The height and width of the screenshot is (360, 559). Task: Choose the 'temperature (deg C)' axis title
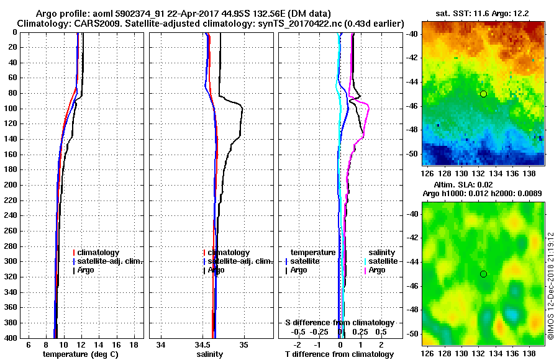(80, 354)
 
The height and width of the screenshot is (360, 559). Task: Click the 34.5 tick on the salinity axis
(202, 345)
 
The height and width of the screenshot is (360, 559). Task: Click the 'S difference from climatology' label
(339, 323)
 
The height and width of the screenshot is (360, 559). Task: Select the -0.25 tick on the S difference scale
(319, 332)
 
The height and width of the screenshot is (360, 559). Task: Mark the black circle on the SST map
(483, 94)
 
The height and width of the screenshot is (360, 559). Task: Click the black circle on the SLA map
(483, 274)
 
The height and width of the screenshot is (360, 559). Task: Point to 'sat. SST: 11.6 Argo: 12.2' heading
(483, 13)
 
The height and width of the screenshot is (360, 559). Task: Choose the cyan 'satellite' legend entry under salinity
(383, 261)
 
